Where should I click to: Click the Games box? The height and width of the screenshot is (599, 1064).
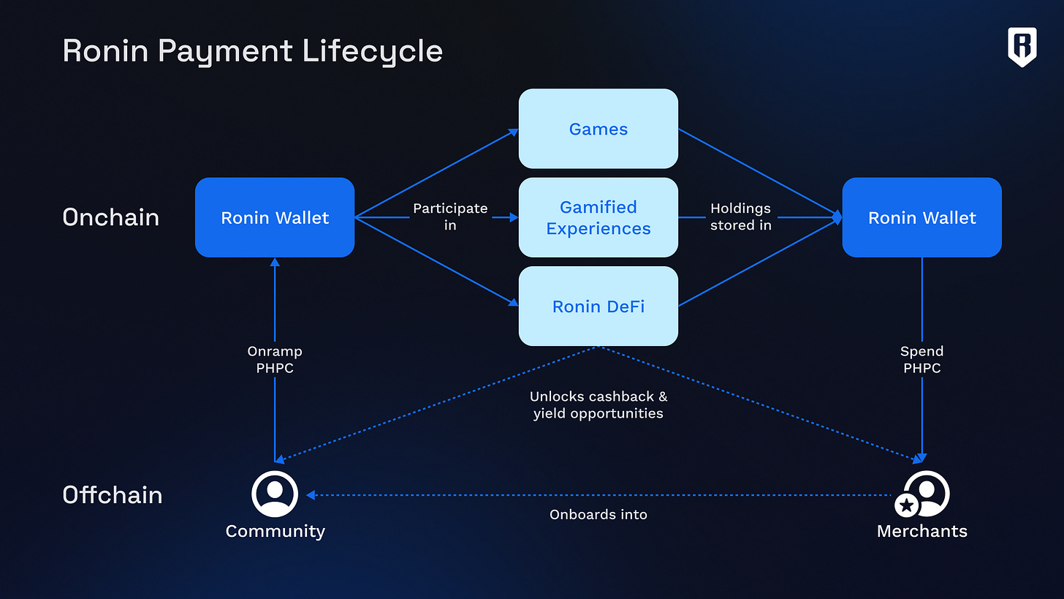pyautogui.click(x=598, y=129)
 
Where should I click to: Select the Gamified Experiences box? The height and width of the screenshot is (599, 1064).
pyautogui.click(x=598, y=217)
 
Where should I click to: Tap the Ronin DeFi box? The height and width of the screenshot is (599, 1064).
pyautogui.click(x=598, y=306)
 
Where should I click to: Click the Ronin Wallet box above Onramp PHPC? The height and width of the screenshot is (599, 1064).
pyautogui.click(x=275, y=217)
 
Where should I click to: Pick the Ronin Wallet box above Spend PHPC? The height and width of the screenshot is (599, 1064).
pyautogui.click(x=921, y=217)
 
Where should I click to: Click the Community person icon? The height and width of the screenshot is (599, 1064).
pyautogui.click(x=275, y=494)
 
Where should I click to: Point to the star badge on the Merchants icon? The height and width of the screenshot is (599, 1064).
pyautogui.click(x=906, y=505)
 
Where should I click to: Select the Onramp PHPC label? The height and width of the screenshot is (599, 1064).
pyautogui.click(x=275, y=359)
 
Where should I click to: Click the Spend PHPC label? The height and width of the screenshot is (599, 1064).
pyautogui.click(x=921, y=359)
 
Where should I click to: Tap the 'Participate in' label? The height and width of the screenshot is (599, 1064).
pyautogui.click(x=450, y=216)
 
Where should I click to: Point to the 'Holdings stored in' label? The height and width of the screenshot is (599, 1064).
pyautogui.click(x=740, y=216)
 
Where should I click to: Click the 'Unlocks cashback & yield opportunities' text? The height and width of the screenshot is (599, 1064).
pyautogui.click(x=598, y=404)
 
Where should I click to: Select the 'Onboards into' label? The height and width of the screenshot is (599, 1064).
pyautogui.click(x=598, y=514)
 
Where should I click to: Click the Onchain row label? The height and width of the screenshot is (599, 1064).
pyautogui.click(x=111, y=217)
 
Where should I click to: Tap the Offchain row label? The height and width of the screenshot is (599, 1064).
pyautogui.click(x=113, y=494)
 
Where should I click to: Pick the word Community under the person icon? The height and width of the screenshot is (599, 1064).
pyautogui.click(x=275, y=531)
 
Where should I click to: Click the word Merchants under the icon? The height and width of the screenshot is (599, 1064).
pyautogui.click(x=921, y=531)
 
